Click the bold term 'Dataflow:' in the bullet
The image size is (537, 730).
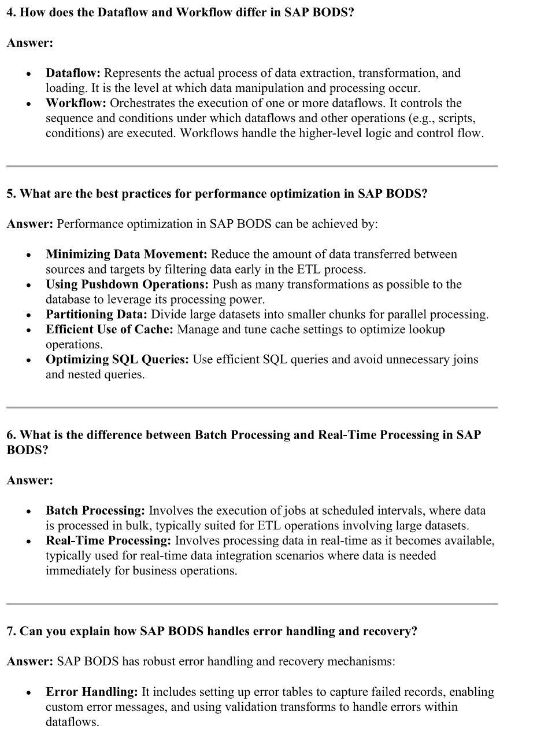73,73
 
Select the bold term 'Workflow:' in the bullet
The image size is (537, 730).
76,104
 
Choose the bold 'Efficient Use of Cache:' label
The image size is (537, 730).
109,330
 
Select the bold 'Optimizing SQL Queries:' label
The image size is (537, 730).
117,360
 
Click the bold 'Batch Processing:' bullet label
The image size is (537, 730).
95,511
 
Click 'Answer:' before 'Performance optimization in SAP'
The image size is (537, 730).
29,224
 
